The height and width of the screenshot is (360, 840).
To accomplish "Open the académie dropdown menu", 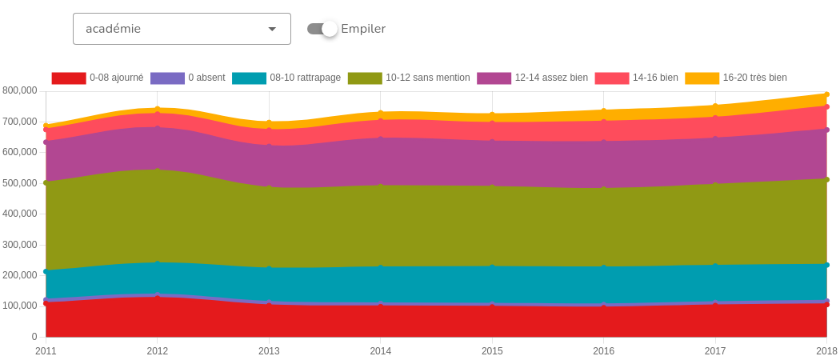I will point(181,29).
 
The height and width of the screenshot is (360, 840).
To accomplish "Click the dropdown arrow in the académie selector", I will point(272,29).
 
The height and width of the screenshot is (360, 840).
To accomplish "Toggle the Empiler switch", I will point(322,29).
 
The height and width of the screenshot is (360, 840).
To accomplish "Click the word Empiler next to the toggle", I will point(363,29).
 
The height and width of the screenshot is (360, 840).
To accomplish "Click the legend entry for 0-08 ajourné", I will point(98,78).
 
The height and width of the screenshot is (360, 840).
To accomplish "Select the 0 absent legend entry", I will point(188,78).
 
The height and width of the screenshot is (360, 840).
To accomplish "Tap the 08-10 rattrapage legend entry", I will point(286,78).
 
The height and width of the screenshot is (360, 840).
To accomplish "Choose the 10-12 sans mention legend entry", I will point(409,78).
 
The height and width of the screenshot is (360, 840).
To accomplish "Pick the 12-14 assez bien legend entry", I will point(533,78).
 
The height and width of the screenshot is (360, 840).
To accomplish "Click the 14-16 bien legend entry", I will point(637,78).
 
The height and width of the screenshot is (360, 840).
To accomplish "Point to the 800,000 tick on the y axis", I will point(20,91).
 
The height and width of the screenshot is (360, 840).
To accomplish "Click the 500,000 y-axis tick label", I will point(20,183).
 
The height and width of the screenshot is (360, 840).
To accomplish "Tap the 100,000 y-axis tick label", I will point(20,306).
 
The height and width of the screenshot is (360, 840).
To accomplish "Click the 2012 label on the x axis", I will point(158,351).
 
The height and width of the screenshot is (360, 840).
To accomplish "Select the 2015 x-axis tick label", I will point(492,351).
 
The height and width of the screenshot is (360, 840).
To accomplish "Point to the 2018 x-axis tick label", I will point(826,351).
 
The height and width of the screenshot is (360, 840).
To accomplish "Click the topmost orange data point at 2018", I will point(826,94).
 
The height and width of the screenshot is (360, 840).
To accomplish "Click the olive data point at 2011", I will point(46,182).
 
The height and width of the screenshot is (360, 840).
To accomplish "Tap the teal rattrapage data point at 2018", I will point(826,265).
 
